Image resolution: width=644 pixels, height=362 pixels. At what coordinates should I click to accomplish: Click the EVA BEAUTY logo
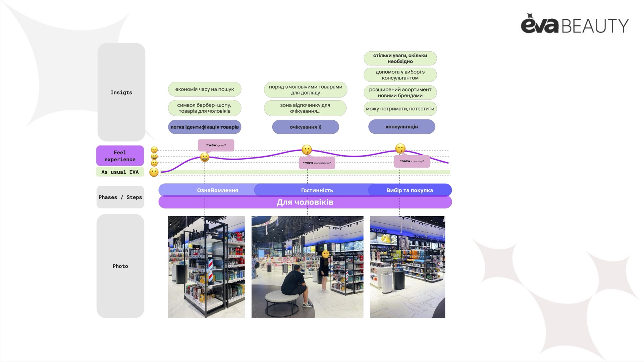coord(574,24)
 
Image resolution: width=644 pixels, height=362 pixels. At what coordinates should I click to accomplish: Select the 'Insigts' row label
coord(121,92)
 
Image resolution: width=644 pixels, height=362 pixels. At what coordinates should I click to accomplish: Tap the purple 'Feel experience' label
coord(120,156)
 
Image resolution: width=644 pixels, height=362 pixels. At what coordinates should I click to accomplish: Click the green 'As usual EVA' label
coord(120,172)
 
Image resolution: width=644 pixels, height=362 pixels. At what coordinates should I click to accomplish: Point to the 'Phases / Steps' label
coord(120,197)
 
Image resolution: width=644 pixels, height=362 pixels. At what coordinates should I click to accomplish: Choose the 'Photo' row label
coord(120,266)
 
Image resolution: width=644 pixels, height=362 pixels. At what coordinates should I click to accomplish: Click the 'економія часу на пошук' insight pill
coord(205,89)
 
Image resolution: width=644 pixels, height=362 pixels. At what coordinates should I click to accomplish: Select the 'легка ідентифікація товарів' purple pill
coord(205,127)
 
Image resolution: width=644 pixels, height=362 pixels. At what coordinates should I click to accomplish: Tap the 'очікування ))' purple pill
coord(306,127)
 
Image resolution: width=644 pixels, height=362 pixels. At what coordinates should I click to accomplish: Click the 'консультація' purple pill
coord(401,127)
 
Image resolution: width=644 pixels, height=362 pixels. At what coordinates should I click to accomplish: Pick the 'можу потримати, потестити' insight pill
coord(400,109)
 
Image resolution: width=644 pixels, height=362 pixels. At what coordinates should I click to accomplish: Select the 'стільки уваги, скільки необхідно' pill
coord(400,58)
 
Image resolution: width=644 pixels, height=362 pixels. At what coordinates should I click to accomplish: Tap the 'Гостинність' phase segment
coord(317,190)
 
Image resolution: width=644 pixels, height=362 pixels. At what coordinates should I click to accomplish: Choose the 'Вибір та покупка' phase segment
coord(410,190)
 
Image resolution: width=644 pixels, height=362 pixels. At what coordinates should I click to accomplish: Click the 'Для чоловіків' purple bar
coord(305,202)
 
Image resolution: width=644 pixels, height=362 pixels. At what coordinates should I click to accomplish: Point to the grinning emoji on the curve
coord(205,157)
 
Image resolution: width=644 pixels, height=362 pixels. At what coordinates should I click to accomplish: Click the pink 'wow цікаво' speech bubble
coord(216,145)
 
